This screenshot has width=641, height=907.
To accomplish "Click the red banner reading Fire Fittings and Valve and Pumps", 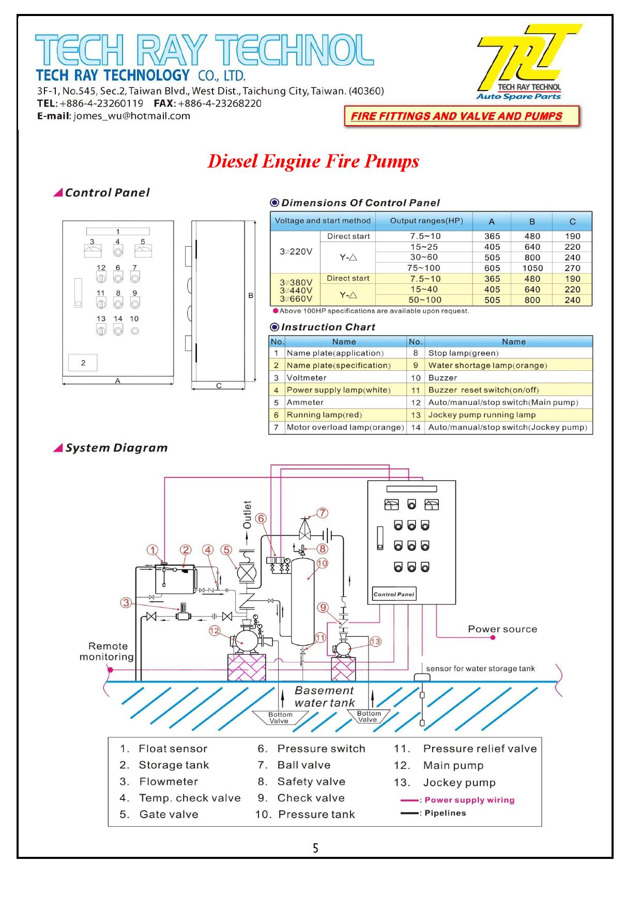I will pos(461,116).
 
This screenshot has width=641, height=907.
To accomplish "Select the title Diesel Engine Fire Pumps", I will pos(313,161).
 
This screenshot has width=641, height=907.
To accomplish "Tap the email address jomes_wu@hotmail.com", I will pos(132,116).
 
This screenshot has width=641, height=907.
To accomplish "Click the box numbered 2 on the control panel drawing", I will pos(83,363).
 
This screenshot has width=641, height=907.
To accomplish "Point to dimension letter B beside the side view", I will pos(251,296).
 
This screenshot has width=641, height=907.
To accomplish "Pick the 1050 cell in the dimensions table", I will pos(532,268).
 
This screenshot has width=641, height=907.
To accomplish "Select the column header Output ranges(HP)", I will pos(426,221).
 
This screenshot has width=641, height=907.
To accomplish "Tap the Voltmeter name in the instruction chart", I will pos(307,378).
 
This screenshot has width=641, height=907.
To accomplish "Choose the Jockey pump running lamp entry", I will pos(482,415).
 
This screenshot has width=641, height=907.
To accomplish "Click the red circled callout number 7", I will pos(322,513).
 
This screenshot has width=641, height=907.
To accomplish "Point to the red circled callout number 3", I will pos(126,602).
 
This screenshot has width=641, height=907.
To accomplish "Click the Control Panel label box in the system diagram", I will pos(394,594).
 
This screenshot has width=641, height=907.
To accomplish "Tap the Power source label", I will pos(502,629).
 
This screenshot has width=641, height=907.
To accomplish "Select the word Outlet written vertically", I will pos(247,515).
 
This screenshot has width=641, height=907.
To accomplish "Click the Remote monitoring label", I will pos(108,652).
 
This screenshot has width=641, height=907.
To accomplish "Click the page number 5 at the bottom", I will pos(315,848).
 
